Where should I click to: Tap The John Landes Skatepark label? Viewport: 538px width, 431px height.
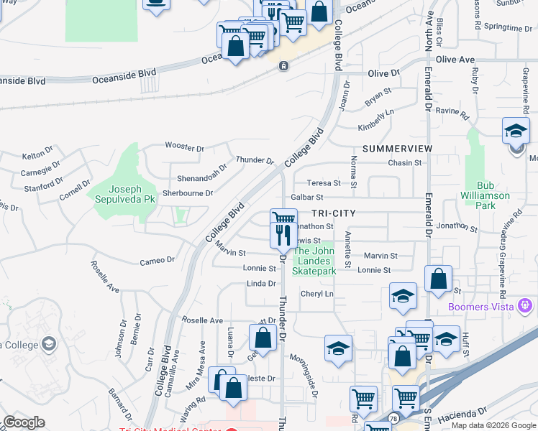pyautogui.click(x=315, y=261)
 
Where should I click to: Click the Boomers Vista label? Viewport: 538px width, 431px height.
pyautogui.click(x=480, y=307)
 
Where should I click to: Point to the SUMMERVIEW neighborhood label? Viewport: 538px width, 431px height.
pyautogui.click(x=397, y=149)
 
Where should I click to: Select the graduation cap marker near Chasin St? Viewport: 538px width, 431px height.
pyautogui.click(x=516, y=132)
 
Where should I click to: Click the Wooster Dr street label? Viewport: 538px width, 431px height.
pyautogui.click(x=184, y=147)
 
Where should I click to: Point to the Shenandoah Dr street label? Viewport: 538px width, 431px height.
pyautogui.click(x=202, y=172)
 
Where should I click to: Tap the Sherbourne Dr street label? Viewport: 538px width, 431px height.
pyautogui.click(x=188, y=193)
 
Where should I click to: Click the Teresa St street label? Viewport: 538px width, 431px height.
pyautogui.click(x=323, y=183)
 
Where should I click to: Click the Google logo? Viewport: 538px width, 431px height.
pyautogui.click(x=24, y=423)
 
